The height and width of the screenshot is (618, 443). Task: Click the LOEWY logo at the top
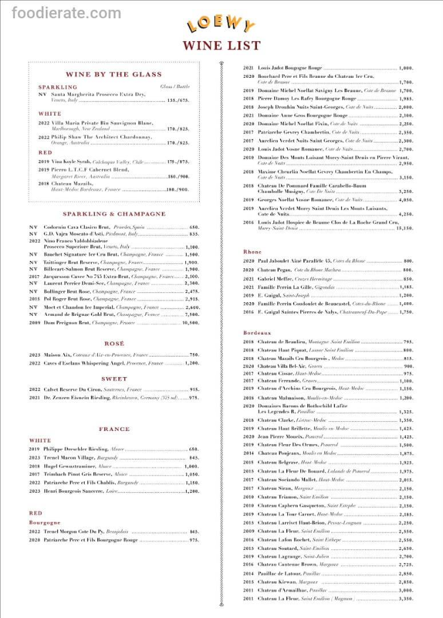[x=221, y=24]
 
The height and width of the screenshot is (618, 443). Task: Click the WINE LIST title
[x=221, y=46]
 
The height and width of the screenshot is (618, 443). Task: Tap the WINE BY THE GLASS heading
[x=113, y=74]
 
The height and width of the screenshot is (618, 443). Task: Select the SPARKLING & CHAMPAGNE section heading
[x=114, y=214]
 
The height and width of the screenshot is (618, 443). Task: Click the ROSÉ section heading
[x=114, y=343]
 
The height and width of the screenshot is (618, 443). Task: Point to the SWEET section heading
[x=114, y=379]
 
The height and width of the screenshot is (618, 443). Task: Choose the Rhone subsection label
[x=252, y=252]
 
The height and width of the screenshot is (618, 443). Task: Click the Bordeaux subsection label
[x=257, y=332]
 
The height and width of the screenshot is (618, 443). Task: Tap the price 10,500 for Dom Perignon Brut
[x=191, y=323]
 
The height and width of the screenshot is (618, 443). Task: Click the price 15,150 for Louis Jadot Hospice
[x=404, y=228]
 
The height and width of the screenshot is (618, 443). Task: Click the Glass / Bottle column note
[x=175, y=87]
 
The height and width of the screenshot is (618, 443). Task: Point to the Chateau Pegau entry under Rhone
[x=276, y=270]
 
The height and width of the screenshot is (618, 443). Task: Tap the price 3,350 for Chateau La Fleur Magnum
[x=405, y=599]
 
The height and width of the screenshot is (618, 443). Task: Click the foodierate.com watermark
[x=61, y=13]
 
